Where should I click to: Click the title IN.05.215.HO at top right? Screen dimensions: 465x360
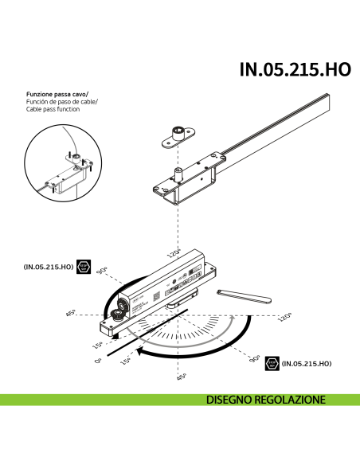[295, 69]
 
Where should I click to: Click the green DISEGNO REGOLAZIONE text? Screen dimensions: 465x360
[265, 399]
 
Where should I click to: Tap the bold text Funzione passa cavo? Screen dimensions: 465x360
[53, 95]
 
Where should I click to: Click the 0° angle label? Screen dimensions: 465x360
[98, 361]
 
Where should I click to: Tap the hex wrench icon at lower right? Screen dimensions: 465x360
[272, 363]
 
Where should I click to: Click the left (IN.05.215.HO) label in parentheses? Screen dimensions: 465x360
[49, 267]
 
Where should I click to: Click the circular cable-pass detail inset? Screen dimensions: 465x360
[65, 167]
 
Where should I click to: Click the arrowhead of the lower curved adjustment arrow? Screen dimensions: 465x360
[139, 350]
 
